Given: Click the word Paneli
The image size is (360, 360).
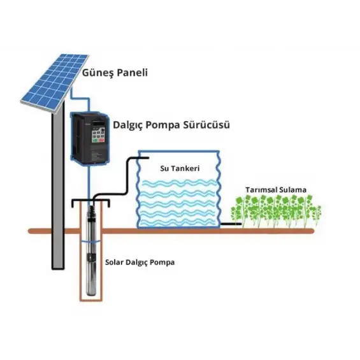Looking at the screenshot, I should (x=131, y=72).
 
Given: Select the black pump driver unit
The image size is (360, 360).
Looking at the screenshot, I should (x=89, y=138).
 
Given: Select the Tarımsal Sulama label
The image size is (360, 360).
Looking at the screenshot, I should (x=276, y=190).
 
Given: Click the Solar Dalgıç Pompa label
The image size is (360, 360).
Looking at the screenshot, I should (x=140, y=262).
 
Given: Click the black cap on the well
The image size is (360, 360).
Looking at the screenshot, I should (x=90, y=203).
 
